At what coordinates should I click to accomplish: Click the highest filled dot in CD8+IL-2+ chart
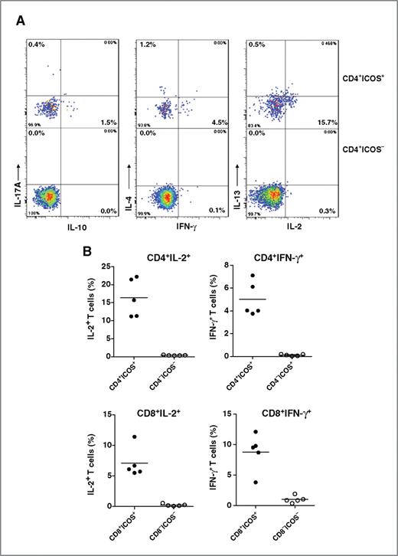coord(133,437)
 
